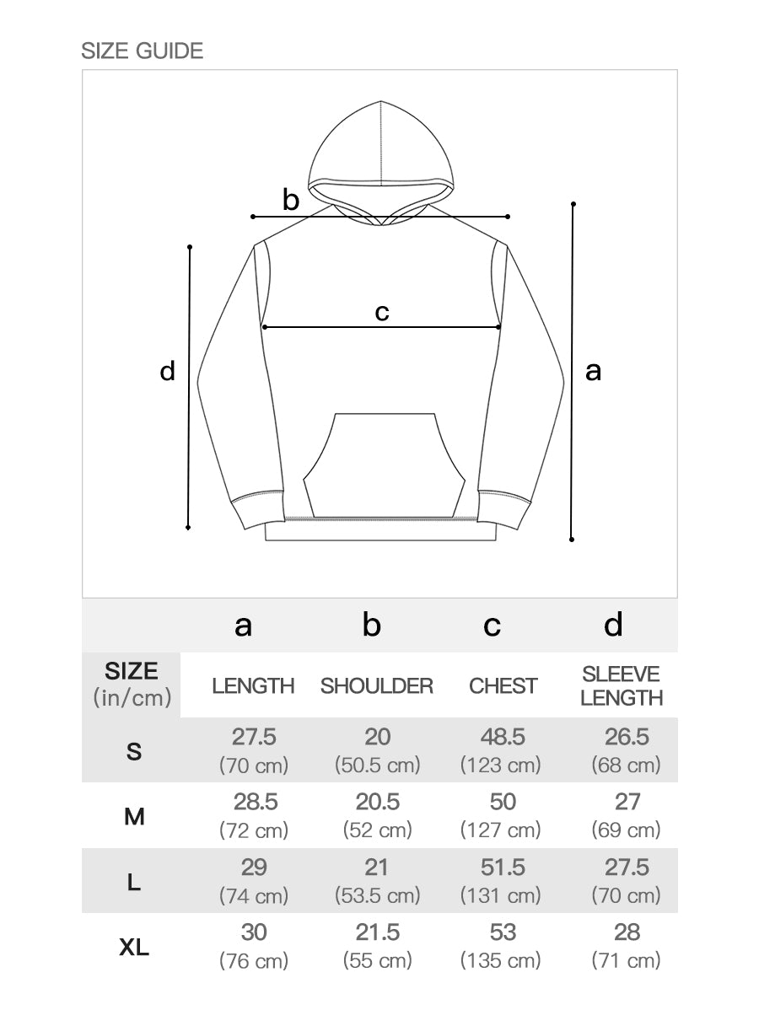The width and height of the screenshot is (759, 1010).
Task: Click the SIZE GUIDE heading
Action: click(x=142, y=51)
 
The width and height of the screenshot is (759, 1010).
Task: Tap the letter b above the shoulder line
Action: click(x=291, y=201)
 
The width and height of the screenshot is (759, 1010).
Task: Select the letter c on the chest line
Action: click(x=382, y=312)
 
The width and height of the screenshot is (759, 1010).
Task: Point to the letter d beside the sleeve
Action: click(x=168, y=370)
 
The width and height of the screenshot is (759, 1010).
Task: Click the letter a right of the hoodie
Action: click(x=593, y=370)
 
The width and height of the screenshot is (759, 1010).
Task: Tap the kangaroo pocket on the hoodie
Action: click(x=384, y=464)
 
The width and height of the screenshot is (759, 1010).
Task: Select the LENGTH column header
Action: click(x=253, y=686)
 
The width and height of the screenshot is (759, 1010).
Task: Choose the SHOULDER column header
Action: click(x=377, y=686)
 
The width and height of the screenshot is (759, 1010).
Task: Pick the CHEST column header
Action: click(x=503, y=686)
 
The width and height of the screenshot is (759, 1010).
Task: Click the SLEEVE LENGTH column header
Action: click(x=622, y=686)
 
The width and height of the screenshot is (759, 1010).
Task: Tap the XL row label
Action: click(x=134, y=948)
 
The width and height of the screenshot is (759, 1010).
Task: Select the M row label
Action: click(x=134, y=816)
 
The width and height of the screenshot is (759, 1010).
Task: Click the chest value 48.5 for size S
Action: click(x=503, y=737)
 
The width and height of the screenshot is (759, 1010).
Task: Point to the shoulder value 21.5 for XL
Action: click(x=377, y=933)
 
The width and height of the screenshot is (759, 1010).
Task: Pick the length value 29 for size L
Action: click(x=253, y=868)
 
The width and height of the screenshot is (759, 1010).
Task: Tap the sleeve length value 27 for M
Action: click(x=627, y=802)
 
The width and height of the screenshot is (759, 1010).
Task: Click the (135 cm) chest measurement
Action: click(x=501, y=960)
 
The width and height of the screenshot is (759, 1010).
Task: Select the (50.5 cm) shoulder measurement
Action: click(x=377, y=766)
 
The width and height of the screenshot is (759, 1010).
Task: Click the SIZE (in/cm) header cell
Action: click(x=132, y=685)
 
